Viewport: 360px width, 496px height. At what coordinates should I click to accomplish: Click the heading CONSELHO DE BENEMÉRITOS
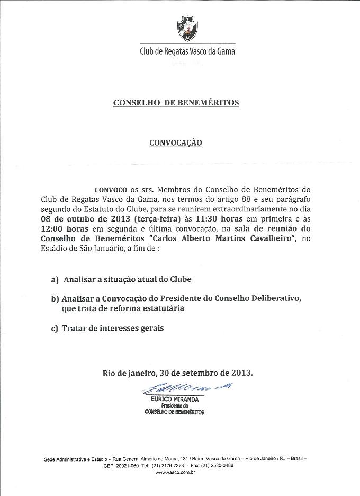coord(176,102)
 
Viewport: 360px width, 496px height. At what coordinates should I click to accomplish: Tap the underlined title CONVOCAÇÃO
coord(176,143)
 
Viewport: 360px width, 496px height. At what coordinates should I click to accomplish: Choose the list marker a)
coord(55,279)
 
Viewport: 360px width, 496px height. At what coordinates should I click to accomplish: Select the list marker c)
coord(55,329)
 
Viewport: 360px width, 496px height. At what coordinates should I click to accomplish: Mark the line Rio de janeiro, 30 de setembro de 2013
coord(178,373)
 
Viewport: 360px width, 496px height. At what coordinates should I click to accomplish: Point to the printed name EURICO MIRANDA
coord(175,398)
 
